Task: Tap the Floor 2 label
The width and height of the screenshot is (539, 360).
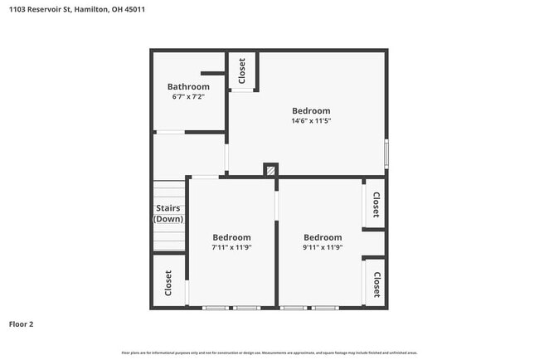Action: point(22,324)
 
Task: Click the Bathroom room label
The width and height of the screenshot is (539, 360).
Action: point(188,86)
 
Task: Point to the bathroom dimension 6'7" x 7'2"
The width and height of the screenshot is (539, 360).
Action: point(188,97)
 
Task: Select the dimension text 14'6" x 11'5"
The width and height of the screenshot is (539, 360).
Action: point(311,121)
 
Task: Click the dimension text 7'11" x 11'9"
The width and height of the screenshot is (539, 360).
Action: point(231,247)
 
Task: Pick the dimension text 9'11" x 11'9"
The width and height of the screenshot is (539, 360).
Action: point(323,247)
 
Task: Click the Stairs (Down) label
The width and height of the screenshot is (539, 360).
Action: point(168,213)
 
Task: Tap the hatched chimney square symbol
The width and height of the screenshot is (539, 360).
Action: point(270,170)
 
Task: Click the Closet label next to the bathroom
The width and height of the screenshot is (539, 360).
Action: point(242,71)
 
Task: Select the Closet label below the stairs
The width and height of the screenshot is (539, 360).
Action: point(168,283)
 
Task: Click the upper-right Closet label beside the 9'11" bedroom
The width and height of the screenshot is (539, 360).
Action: point(376,204)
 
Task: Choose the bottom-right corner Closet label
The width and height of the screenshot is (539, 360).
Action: point(376,285)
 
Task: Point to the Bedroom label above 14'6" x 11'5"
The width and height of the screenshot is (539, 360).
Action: point(311,110)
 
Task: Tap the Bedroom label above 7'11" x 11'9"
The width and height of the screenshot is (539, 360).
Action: point(231,237)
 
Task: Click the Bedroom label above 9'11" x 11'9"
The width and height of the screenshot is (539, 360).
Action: point(323,237)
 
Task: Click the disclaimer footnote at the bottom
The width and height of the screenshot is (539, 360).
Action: point(269,353)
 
